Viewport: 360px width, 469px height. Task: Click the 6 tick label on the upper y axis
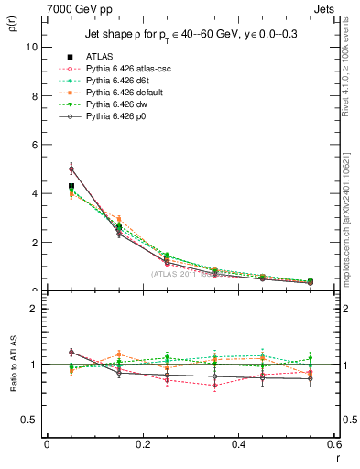(36, 145)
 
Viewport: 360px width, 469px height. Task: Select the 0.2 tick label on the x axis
(142, 443)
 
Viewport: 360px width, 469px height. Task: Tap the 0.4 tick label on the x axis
(238, 443)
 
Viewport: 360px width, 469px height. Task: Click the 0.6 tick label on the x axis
(333, 443)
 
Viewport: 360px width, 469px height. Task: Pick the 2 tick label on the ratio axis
(36, 309)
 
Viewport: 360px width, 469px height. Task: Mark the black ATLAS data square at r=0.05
(71, 186)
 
